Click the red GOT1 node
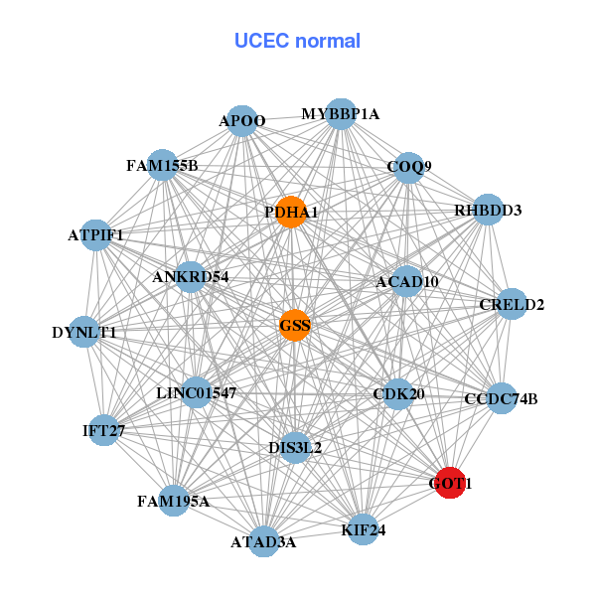(450, 483)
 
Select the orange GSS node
(294, 325)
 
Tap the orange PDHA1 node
(290, 212)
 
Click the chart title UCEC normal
(297, 41)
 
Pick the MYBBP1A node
(341, 113)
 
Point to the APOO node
(242, 121)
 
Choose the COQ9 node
(409, 166)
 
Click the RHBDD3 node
(488, 210)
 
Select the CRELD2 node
(512, 304)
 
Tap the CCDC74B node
(501, 399)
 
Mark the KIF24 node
(363, 530)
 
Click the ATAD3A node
(263, 541)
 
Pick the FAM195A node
(173, 501)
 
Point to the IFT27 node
(104, 430)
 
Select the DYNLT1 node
(84, 332)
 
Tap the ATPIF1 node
(96, 235)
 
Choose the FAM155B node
(162, 165)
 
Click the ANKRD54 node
(191, 276)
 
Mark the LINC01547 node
(197, 393)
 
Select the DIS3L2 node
(295, 447)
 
